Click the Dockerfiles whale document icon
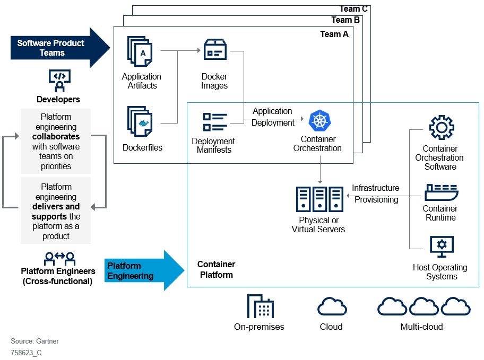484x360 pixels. pyautogui.click(x=140, y=121)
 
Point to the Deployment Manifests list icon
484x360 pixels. pyautogui.click(x=214, y=121)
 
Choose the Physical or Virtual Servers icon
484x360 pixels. pyautogui.click(x=319, y=199)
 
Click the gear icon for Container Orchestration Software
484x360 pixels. pyautogui.click(x=441, y=128)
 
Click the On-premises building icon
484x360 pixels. pyautogui.click(x=260, y=306)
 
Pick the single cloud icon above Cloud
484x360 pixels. pyautogui.click(x=332, y=307)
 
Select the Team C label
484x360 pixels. pyautogui.click(x=353, y=8)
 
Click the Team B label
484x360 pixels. pyautogui.click(x=345, y=20)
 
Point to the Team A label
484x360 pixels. pyautogui.click(x=334, y=34)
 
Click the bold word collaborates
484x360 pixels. pyautogui.click(x=56, y=137)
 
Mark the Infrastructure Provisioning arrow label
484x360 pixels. pyautogui.click(x=376, y=194)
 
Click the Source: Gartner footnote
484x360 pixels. pyautogui.click(x=34, y=341)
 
